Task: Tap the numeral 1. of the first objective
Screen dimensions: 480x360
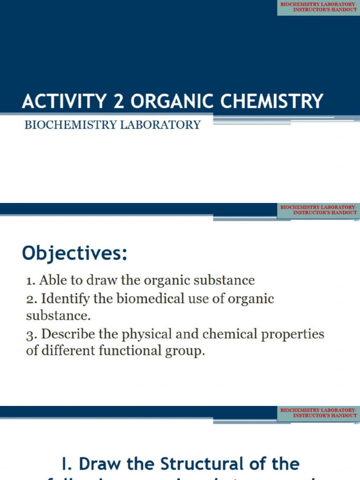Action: point(31,281)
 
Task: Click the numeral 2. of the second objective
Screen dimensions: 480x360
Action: point(32,299)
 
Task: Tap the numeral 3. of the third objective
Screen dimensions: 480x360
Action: point(32,334)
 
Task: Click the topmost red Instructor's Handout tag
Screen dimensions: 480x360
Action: point(318,7)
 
